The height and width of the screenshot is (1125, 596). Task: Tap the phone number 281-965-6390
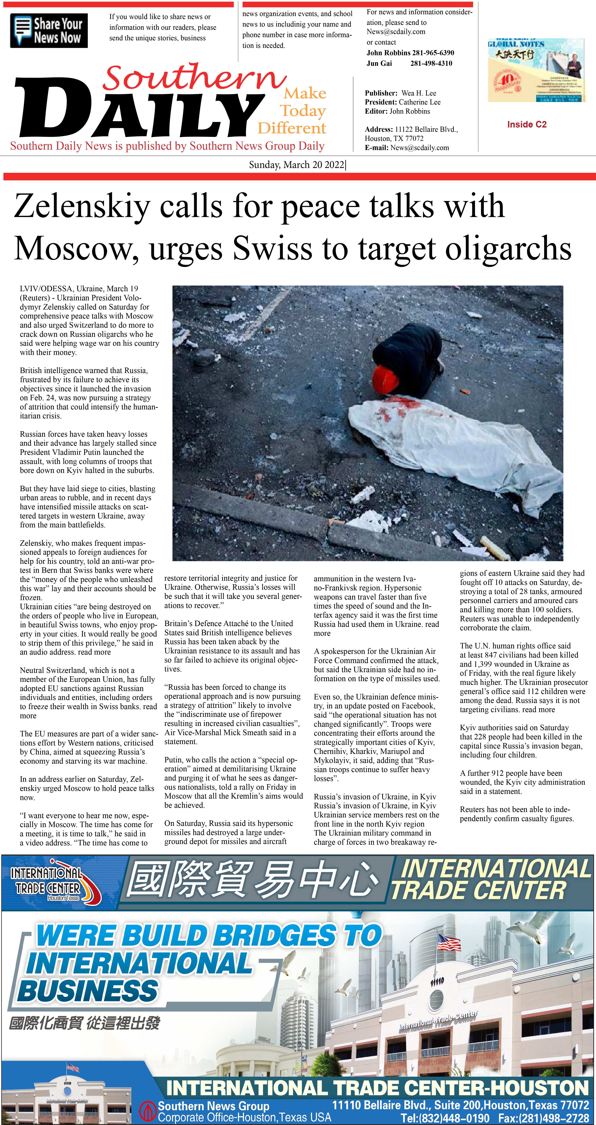click(433, 53)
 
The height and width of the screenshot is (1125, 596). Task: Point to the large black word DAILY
click(140, 109)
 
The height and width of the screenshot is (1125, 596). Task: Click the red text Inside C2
click(527, 125)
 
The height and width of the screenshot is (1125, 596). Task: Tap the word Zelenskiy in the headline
click(82, 206)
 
